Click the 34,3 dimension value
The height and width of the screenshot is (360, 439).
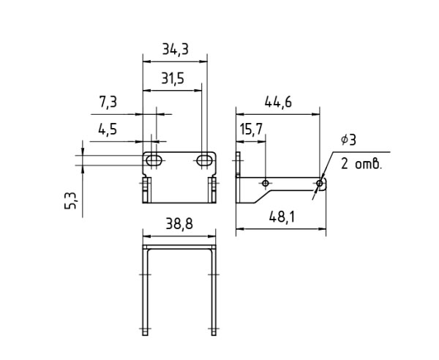(176, 49)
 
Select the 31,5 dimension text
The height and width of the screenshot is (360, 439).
(173, 79)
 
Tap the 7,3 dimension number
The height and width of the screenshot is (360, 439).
(108, 102)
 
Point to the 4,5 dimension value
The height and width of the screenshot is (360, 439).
(108, 130)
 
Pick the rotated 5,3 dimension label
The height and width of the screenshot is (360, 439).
(70, 200)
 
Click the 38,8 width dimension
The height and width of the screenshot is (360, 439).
(179, 224)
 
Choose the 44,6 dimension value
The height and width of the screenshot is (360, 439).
(278, 102)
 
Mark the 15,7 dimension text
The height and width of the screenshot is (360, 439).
(251, 130)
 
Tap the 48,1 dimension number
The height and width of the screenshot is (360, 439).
(282, 217)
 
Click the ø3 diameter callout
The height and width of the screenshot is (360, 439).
(348, 140)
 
